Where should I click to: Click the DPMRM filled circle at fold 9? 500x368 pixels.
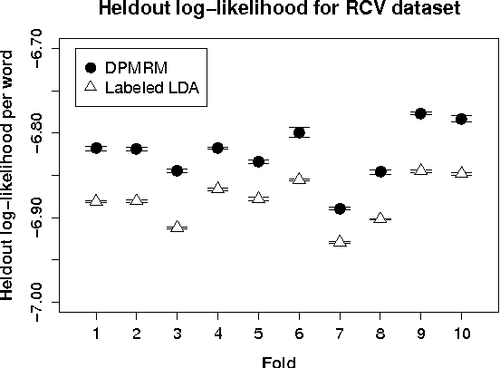[x=420, y=113]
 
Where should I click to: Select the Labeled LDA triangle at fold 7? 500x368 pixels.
[x=340, y=242]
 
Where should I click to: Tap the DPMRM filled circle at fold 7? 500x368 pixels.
[x=340, y=208]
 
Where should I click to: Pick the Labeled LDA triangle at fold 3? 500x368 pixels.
[x=177, y=228]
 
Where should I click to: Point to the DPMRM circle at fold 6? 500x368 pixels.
[x=299, y=132]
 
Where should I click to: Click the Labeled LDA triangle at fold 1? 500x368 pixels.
[x=96, y=200]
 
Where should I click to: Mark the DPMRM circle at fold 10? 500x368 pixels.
[x=461, y=119]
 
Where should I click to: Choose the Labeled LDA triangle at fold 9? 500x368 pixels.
[x=420, y=169]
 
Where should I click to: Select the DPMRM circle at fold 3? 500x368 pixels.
[x=177, y=170]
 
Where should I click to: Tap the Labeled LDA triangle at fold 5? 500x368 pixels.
[x=258, y=198]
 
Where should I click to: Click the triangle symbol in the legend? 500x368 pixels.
[x=90, y=88]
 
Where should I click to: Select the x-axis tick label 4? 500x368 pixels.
[x=217, y=333]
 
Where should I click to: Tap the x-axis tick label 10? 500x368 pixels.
[x=461, y=333]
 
